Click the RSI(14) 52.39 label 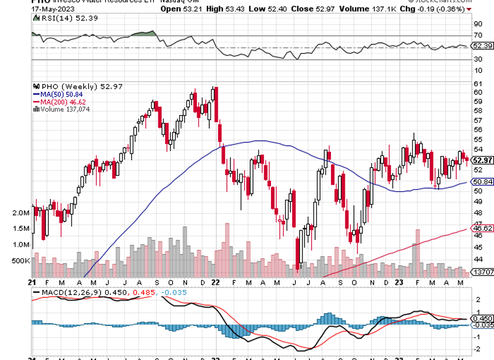click(x=58, y=19)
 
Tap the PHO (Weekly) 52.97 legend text click(x=78, y=86)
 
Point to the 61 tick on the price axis click(x=477, y=83)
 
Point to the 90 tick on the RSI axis click(x=477, y=24)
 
